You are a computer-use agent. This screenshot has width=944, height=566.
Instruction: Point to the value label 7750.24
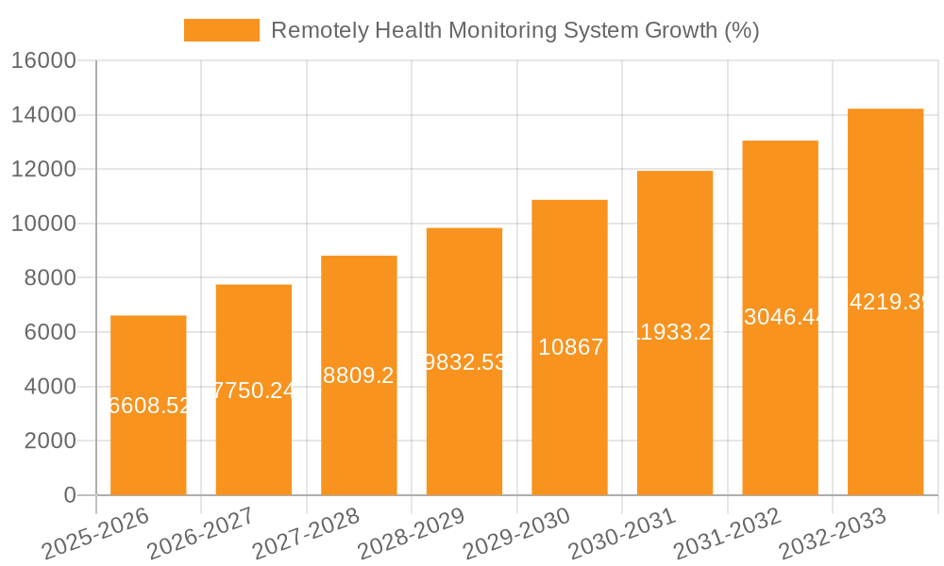pos(254,391)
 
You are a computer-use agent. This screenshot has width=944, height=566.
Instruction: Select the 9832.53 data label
pos(464,362)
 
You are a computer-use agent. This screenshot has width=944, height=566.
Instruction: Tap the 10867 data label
pos(569,347)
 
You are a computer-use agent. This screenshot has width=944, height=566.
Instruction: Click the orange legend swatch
pos(221,30)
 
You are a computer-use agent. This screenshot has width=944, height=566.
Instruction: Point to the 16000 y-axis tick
pos(42,60)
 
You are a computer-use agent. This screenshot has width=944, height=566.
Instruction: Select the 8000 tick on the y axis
pos(49,278)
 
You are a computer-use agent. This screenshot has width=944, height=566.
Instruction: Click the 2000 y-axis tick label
pos(49,441)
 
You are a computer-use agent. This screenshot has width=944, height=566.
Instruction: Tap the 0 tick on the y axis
pos(69,495)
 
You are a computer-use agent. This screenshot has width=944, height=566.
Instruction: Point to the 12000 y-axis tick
pos(42,170)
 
